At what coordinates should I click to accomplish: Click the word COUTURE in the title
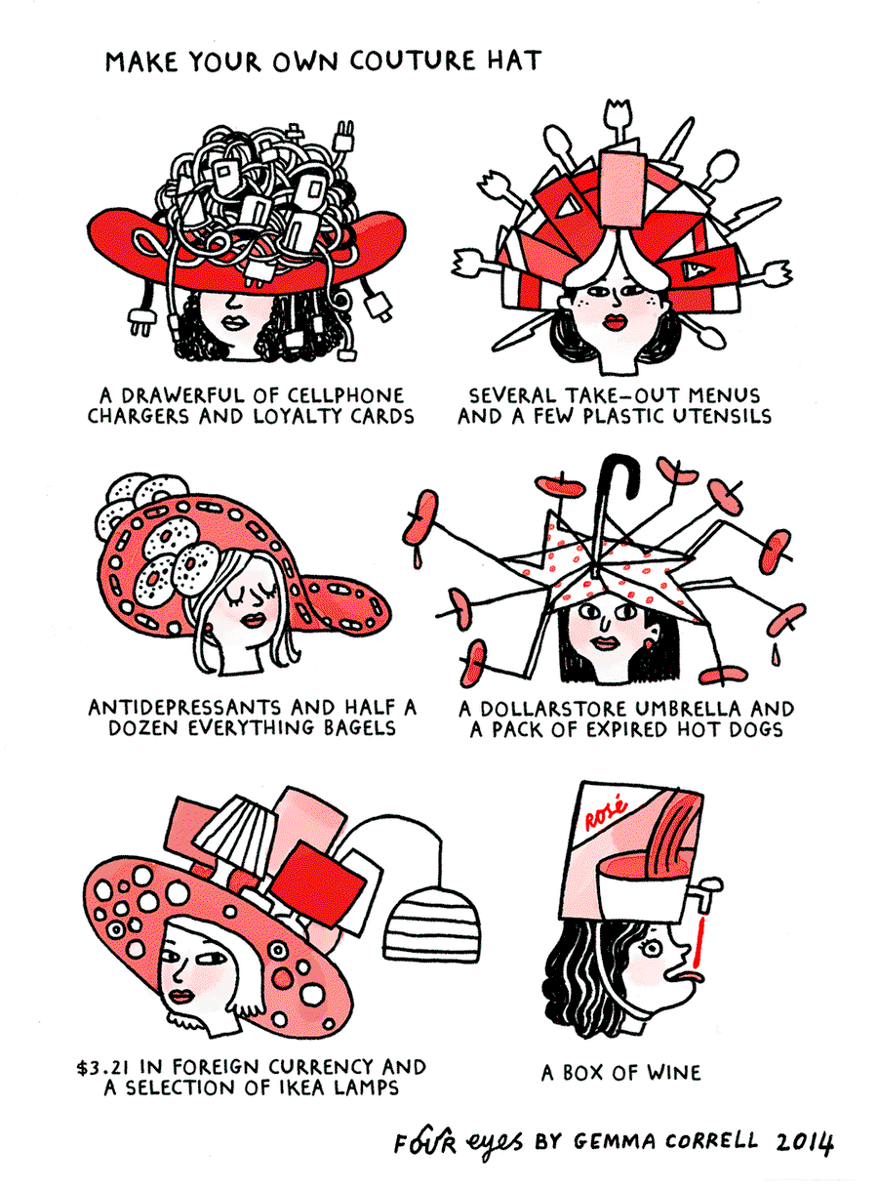click(412, 61)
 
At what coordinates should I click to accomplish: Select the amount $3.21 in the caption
click(104, 1067)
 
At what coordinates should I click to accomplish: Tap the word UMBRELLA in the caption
click(689, 709)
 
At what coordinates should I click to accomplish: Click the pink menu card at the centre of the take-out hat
click(621, 188)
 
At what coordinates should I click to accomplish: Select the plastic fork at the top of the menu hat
click(618, 122)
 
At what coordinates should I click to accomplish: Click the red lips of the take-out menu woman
click(615, 322)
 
